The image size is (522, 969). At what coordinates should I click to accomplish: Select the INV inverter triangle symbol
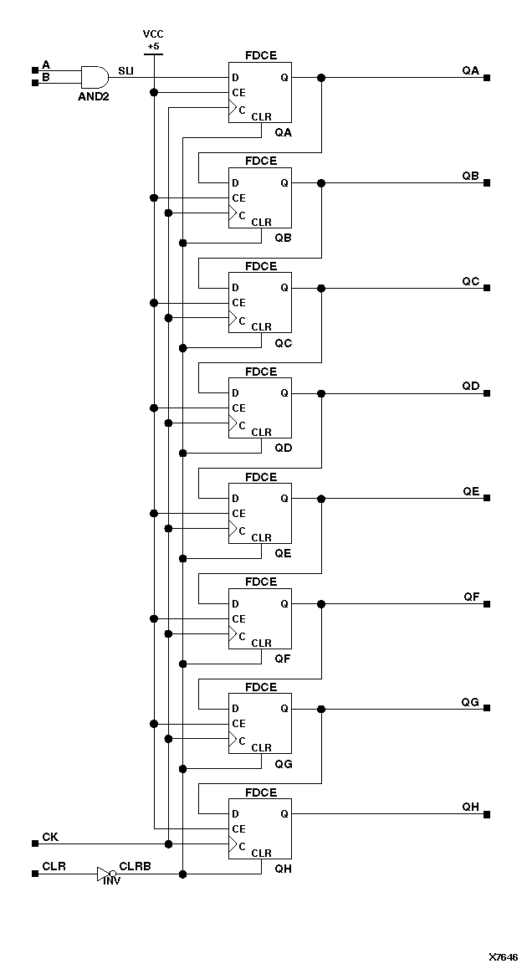[104, 874]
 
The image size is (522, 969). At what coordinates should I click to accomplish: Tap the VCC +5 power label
[153, 39]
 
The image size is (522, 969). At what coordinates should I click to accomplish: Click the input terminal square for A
[34, 69]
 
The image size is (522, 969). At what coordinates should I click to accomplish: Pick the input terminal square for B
[34, 83]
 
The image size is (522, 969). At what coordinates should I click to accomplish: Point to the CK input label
[50, 837]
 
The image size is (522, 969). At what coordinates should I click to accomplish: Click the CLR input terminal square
[34, 874]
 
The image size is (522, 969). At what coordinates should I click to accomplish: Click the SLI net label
[125, 70]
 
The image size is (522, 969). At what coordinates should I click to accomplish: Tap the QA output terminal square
[487, 78]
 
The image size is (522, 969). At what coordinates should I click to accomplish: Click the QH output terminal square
[487, 813]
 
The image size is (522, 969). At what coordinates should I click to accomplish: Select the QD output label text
[471, 386]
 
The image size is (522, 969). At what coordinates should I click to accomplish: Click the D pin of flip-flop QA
[236, 78]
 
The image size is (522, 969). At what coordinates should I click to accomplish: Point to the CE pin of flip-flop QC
[238, 302]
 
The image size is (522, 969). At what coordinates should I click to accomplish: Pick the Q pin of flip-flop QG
[284, 708]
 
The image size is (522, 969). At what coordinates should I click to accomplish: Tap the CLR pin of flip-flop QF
[261, 643]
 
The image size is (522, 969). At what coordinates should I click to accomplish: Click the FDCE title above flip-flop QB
[260, 161]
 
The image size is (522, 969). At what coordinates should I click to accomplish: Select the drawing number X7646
[504, 956]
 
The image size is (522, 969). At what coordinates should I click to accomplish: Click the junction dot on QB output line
[321, 182]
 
